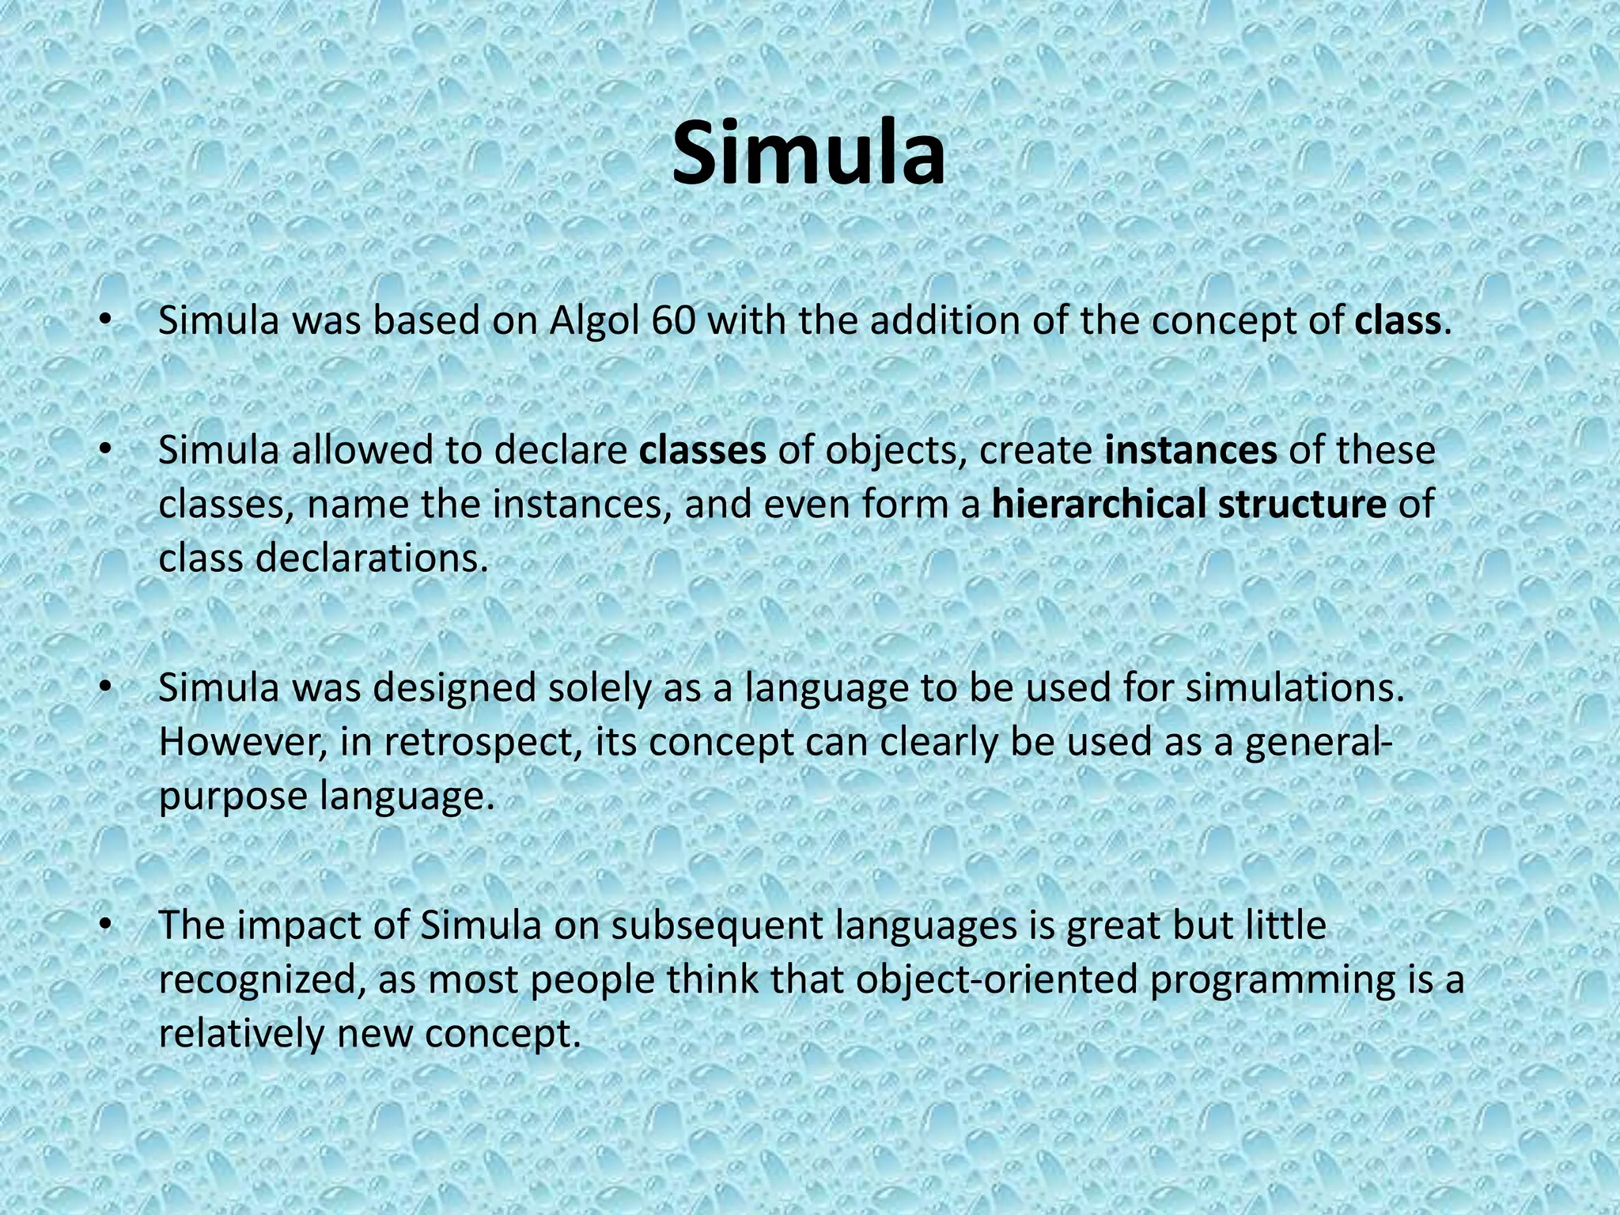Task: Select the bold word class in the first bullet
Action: (1397, 321)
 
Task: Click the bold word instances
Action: (1190, 450)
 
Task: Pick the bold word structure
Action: (1302, 504)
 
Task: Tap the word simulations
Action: (1294, 688)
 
